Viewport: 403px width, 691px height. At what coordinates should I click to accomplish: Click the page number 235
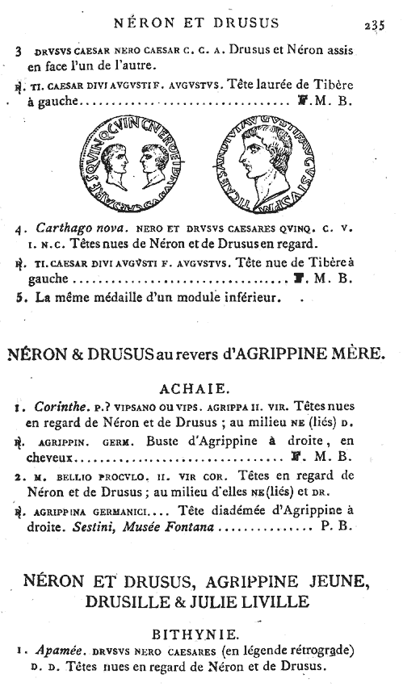coord(375,23)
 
